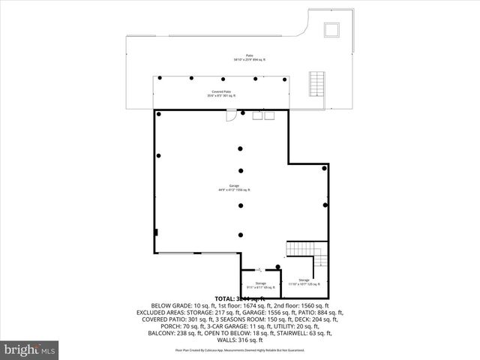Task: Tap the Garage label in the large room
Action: [x=234, y=187]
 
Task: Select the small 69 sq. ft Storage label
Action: [x=260, y=285]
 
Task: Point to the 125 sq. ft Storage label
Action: [x=303, y=282]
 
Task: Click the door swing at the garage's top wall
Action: [x=232, y=115]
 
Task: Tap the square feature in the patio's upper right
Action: [x=331, y=29]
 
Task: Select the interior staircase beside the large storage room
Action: [x=320, y=259]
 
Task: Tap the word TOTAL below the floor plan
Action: [x=225, y=298]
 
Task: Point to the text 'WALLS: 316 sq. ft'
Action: [x=239, y=339]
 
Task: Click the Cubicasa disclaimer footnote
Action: [x=239, y=349]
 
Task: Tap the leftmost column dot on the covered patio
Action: [x=160, y=77]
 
